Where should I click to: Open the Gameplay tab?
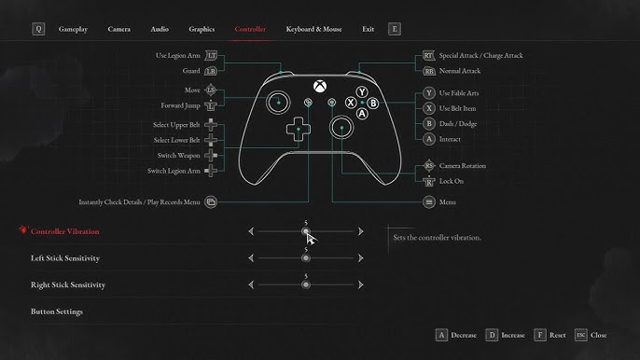click(73, 30)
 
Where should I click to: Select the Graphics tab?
click(202, 30)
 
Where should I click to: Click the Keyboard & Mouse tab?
click(313, 30)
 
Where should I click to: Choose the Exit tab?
click(368, 30)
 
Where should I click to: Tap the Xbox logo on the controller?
click(320, 86)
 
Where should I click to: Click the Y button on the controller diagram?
click(362, 91)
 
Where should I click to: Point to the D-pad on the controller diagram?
click(299, 129)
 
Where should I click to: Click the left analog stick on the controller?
click(278, 102)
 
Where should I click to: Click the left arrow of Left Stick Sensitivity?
click(251, 258)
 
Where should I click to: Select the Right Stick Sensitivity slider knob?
click(306, 284)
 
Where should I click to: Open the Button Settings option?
click(57, 312)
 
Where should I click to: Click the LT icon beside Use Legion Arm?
click(211, 56)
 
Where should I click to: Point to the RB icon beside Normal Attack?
click(429, 71)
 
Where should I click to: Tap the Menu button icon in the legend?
click(429, 202)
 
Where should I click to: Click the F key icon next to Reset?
click(539, 335)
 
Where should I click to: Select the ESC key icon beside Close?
click(581, 335)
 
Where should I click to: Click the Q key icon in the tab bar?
click(38, 29)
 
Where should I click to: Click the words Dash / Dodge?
click(458, 124)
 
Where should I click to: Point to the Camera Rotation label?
click(463, 166)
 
